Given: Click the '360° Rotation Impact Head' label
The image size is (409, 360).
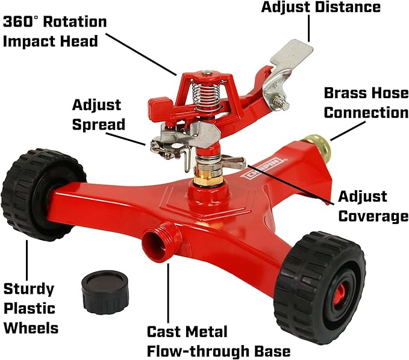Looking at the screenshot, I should (55, 32).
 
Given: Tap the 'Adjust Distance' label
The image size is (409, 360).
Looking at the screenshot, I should (320, 8).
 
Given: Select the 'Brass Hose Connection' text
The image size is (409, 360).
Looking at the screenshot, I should (366, 103).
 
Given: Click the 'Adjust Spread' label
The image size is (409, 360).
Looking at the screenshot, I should (98, 114).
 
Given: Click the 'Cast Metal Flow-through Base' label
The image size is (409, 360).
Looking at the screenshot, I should (218, 341).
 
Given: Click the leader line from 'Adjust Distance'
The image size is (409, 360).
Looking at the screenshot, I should (310, 28).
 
